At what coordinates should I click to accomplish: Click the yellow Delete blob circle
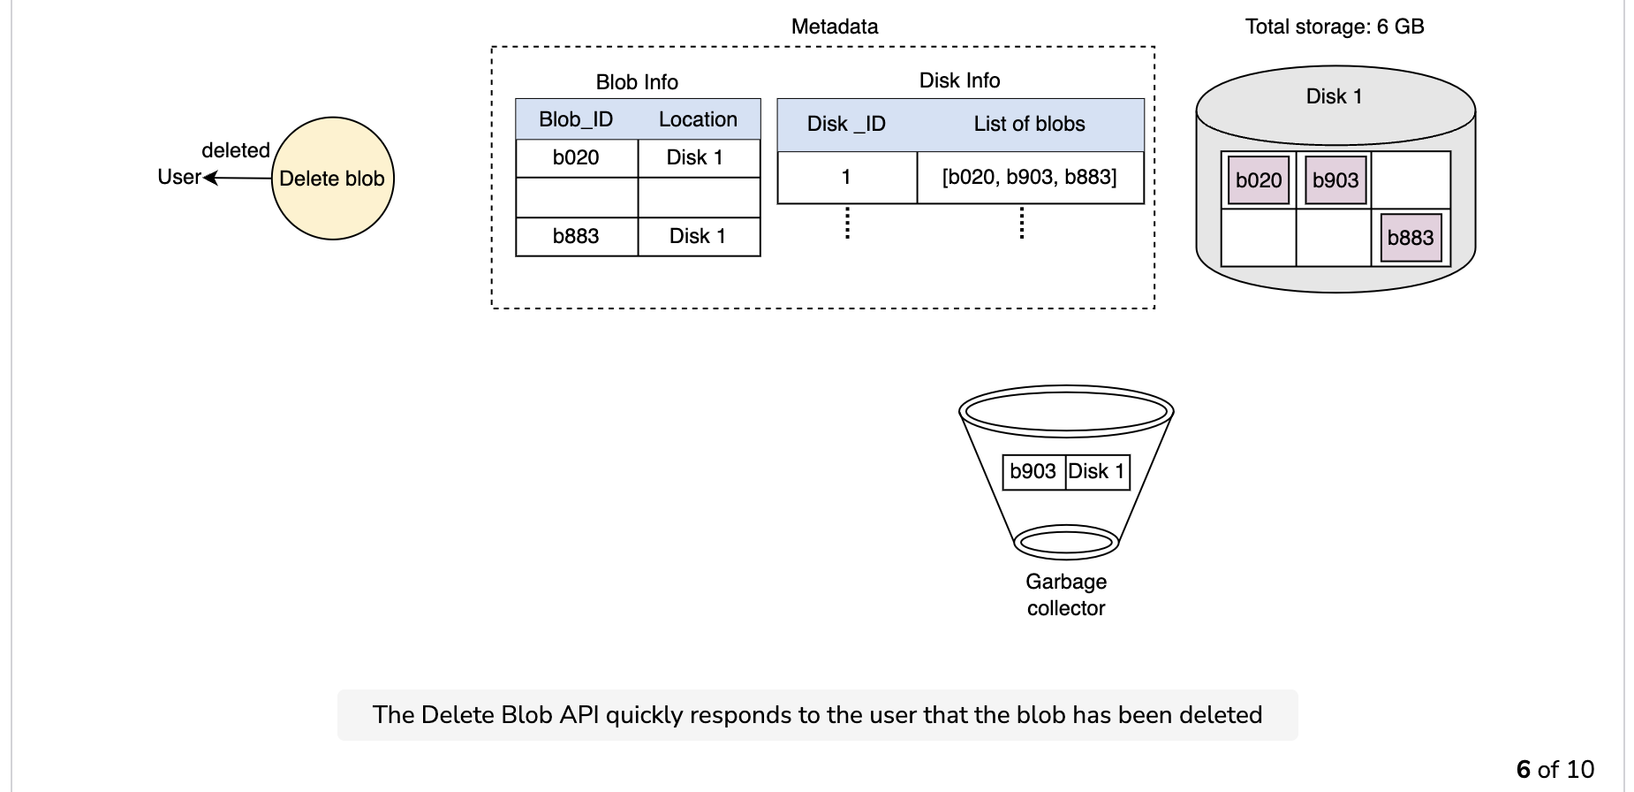tap(332, 179)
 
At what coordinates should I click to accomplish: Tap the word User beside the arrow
tap(179, 177)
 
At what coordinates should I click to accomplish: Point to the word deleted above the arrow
tap(236, 150)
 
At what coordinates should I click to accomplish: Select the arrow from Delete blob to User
tap(238, 178)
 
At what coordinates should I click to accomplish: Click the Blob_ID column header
tap(576, 119)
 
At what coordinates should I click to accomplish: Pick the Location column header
tap(698, 119)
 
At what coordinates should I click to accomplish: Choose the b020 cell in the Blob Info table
tap(577, 158)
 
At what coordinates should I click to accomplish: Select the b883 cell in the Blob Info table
tap(577, 237)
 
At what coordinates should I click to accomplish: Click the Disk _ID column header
tap(846, 124)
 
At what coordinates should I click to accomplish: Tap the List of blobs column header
tap(1030, 124)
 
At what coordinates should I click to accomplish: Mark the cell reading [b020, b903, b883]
tap(1031, 178)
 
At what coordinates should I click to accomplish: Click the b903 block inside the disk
tap(1335, 180)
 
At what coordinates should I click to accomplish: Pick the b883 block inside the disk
tap(1411, 238)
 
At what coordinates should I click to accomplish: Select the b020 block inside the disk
tap(1259, 180)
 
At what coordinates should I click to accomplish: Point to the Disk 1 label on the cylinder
tap(1335, 96)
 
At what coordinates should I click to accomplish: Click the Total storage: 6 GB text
tap(1335, 27)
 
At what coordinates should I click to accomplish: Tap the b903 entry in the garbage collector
tap(1033, 471)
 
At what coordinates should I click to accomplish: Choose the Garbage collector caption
tap(1066, 595)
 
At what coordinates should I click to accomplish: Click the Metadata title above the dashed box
tap(835, 27)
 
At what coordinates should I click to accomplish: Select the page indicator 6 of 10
tap(1555, 769)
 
